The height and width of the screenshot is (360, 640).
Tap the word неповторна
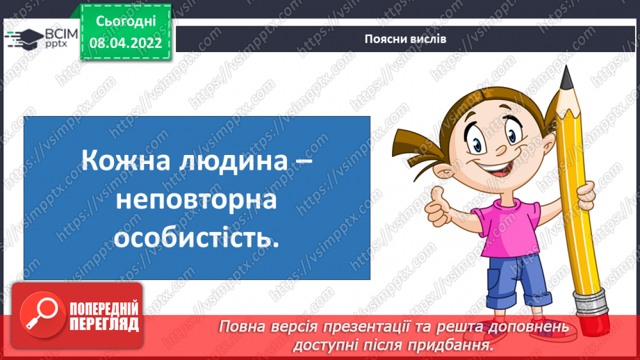pyautogui.click(x=196, y=201)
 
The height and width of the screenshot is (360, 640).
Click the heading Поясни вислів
pyautogui.click(x=405, y=39)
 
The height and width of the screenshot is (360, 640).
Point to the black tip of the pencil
pyautogui.click(x=566, y=74)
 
